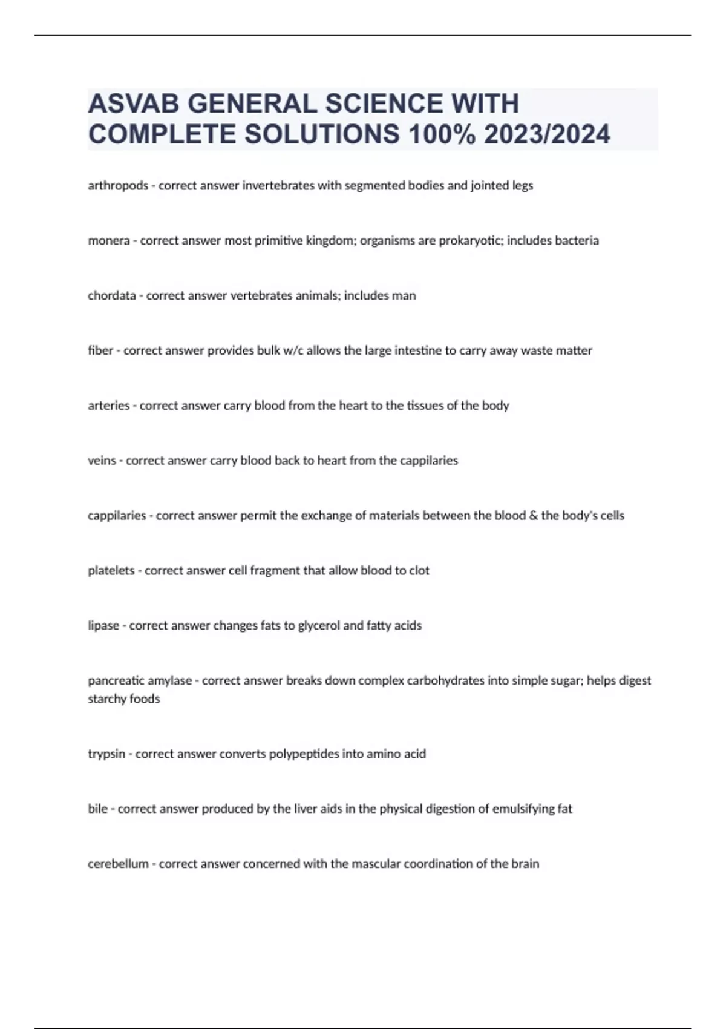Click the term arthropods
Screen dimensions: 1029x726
point(118,186)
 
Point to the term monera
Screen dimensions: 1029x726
point(109,241)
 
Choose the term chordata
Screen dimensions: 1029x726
point(112,296)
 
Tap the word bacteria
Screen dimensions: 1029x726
point(577,241)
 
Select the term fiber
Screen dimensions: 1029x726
point(100,350)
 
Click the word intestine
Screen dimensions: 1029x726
point(417,350)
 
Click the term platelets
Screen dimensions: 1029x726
point(111,571)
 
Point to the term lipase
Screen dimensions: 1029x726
point(103,626)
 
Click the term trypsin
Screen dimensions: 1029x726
point(106,754)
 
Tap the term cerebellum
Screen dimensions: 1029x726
point(118,864)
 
